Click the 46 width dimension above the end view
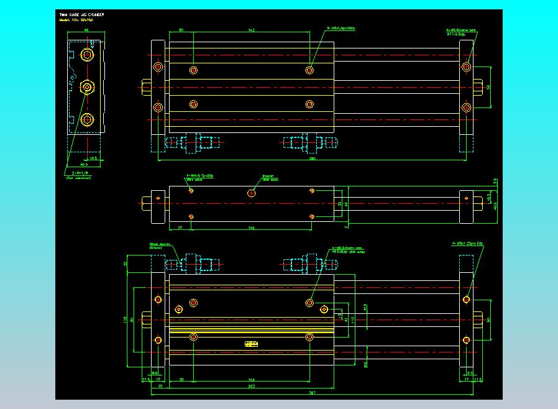(86, 30)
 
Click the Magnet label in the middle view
(268, 176)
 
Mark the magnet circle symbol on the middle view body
(252, 193)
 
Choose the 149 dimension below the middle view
(251, 228)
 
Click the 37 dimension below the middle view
(179, 228)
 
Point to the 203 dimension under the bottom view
(251, 386)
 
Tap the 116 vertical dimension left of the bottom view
(125, 319)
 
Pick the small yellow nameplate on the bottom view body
(252, 343)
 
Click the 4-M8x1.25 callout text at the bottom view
(467, 244)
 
